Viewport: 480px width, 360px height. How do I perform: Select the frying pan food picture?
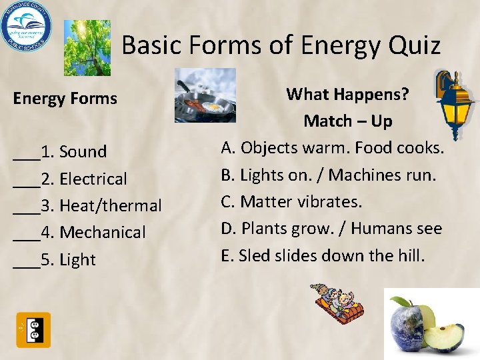[x=205, y=95]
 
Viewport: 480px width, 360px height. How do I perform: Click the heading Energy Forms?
[x=65, y=99]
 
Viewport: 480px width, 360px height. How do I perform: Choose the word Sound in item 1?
[x=83, y=152]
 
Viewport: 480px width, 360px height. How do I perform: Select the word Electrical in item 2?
[x=93, y=179]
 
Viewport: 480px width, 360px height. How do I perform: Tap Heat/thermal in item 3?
[x=111, y=206]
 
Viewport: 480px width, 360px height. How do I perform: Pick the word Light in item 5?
[x=77, y=260]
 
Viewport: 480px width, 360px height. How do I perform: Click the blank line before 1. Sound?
[x=26, y=155]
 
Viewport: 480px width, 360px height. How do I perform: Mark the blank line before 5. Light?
[x=26, y=263]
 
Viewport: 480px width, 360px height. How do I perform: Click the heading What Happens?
[x=347, y=95]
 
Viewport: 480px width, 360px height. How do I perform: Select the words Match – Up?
[x=347, y=121]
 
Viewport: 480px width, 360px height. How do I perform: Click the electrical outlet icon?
[x=33, y=329]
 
